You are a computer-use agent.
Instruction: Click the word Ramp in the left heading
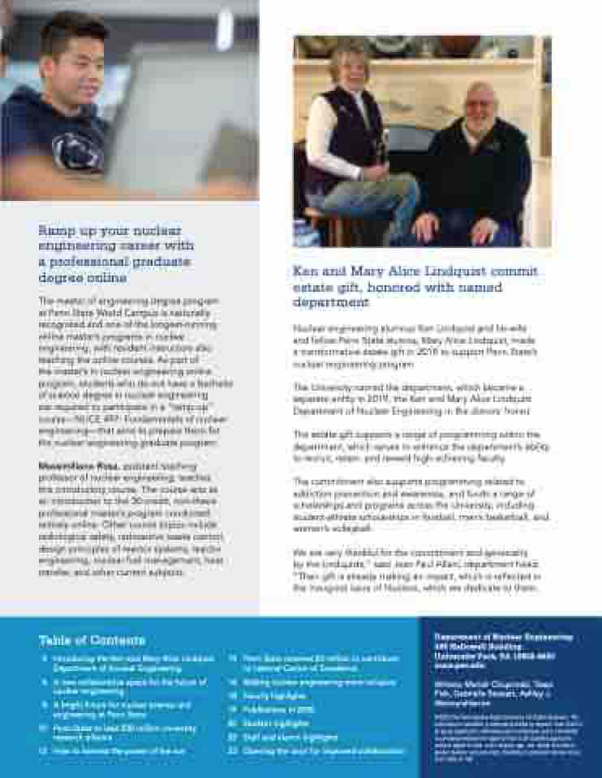(54, 230)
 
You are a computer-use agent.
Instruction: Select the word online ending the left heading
(107, 278)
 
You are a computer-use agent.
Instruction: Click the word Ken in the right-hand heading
(304, 271)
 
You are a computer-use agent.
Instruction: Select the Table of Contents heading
(92, 640)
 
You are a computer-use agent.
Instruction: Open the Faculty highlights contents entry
(272, 696)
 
